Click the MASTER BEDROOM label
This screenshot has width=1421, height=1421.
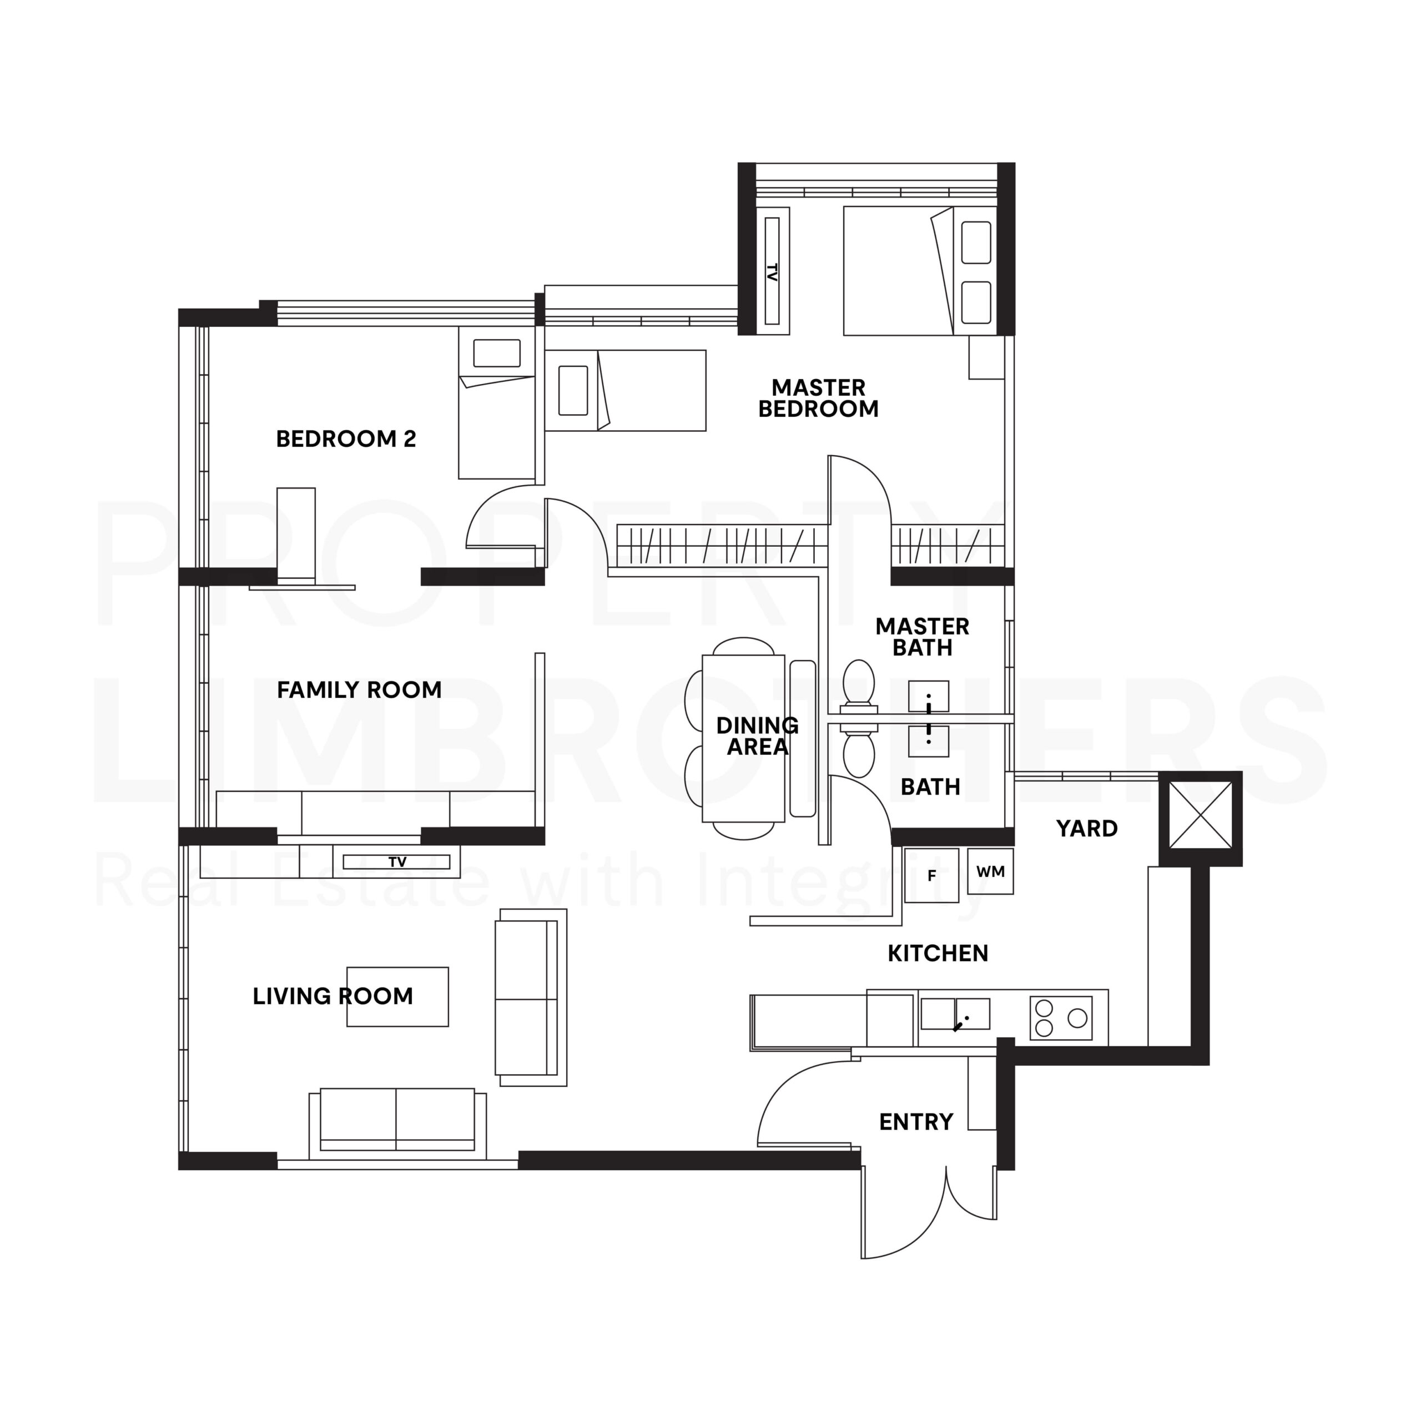818,398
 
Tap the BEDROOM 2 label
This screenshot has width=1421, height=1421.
346,439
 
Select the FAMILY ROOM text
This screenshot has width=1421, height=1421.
359,690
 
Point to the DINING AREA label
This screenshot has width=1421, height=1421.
757,736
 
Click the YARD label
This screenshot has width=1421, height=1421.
1086,829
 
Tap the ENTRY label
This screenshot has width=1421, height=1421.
916,1122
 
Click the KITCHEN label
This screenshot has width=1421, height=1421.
937,953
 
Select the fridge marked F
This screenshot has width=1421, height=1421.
931,875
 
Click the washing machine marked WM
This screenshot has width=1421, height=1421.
990,871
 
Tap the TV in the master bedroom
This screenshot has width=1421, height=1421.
772,271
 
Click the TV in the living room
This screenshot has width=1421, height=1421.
397,862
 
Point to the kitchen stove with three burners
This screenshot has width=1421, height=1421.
1061,1018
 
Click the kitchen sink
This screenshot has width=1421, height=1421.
955,1014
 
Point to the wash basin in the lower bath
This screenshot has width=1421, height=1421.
928,740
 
